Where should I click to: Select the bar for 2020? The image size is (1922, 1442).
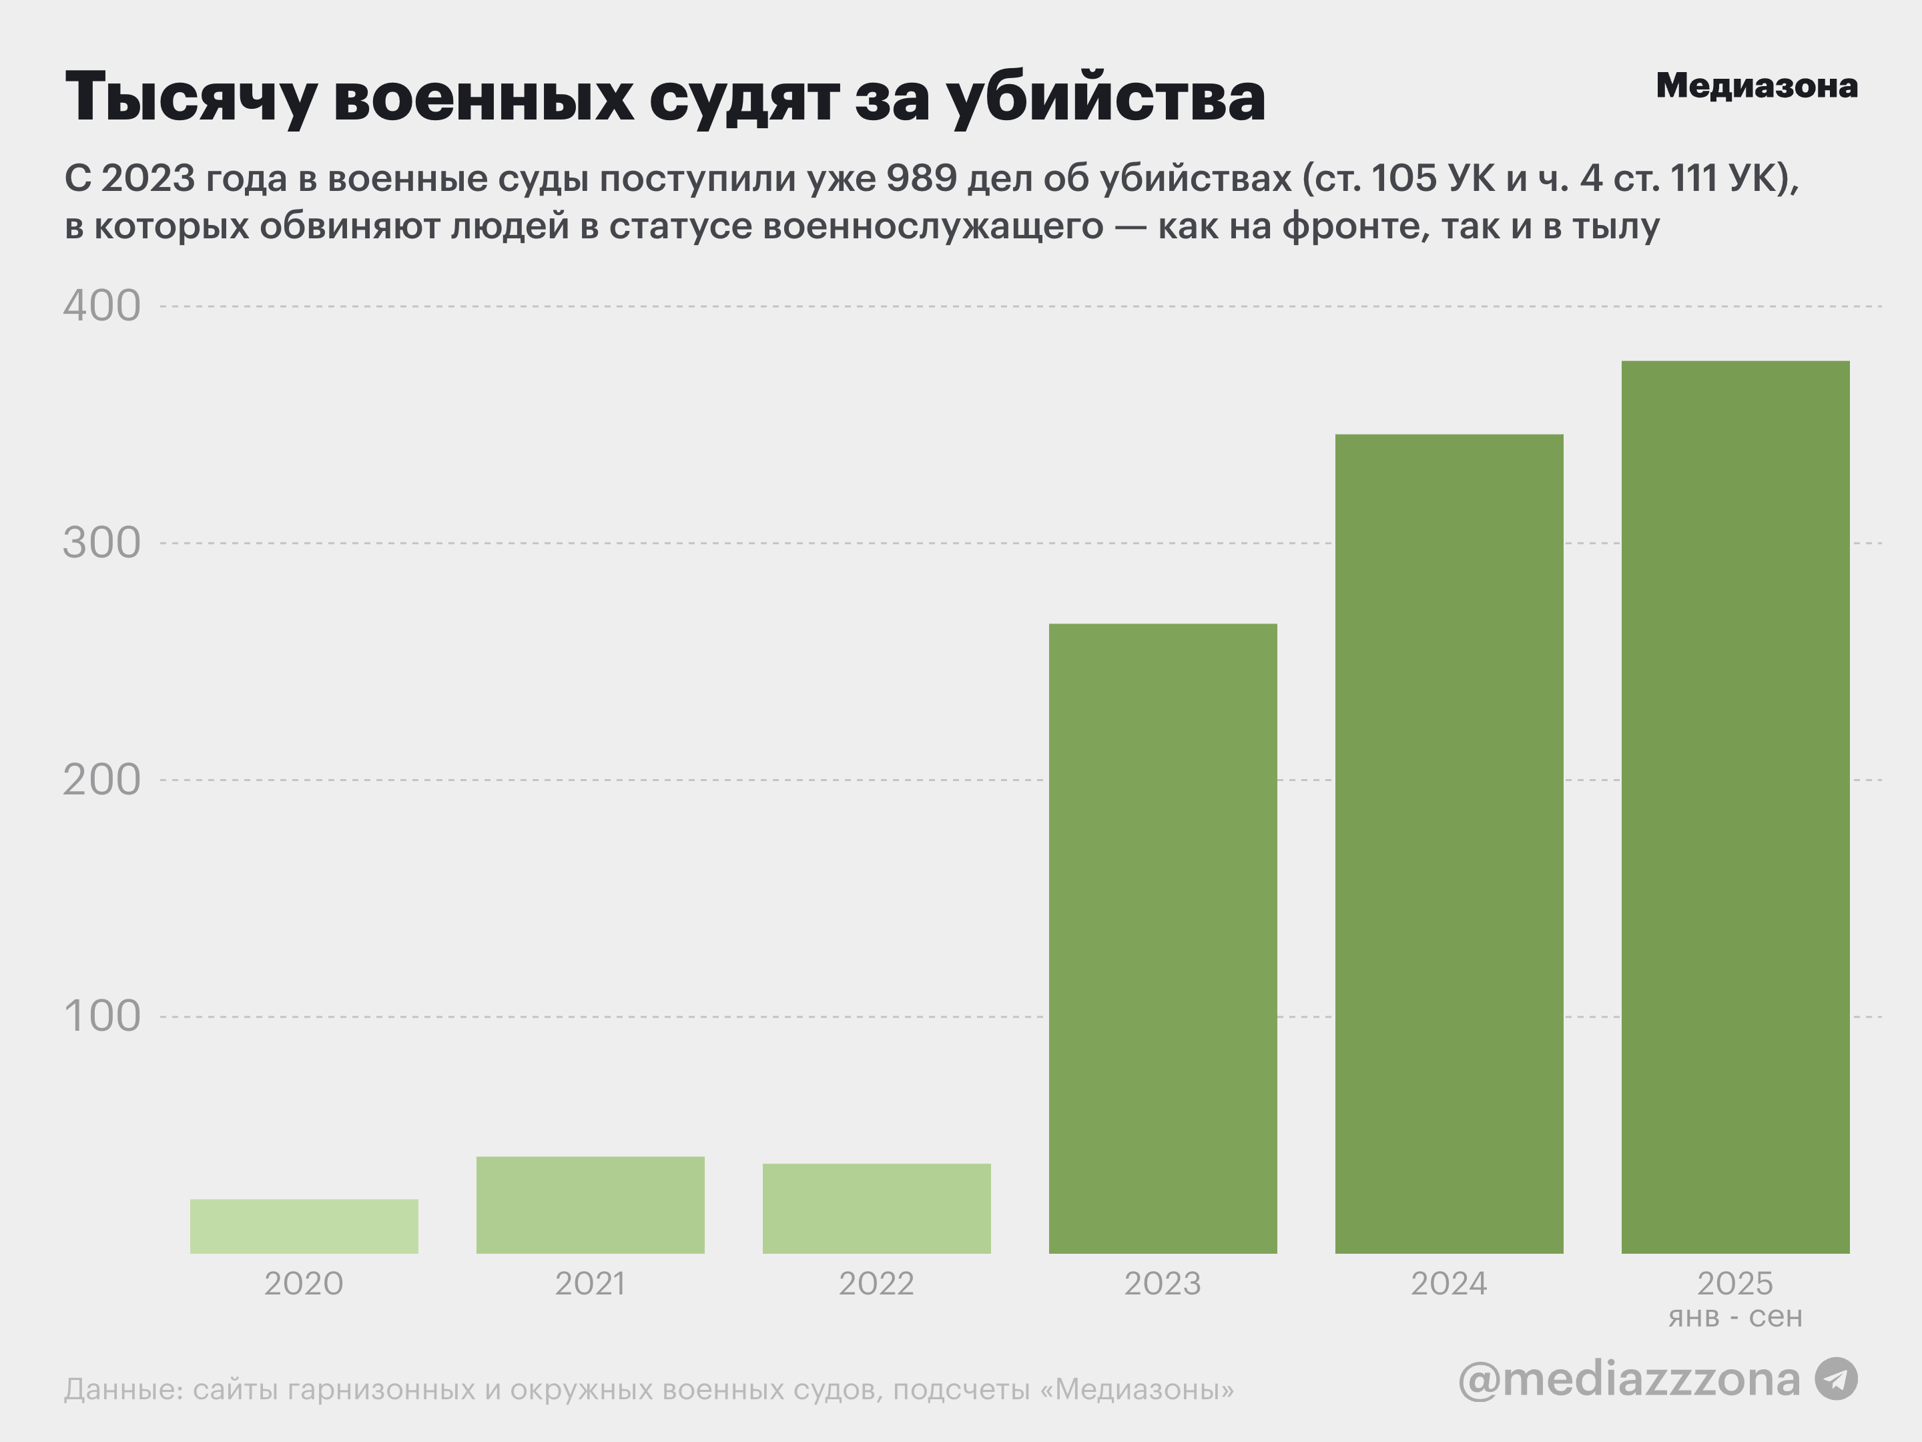304,1226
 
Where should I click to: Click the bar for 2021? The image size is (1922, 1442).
590,1205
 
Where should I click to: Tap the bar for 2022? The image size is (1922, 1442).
877,1208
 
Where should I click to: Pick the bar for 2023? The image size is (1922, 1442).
1163,939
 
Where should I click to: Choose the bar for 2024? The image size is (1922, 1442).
1450,843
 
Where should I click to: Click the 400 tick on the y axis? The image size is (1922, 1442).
101,306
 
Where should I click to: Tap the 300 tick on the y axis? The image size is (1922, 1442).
101,543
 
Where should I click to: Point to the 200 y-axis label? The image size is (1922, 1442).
101,780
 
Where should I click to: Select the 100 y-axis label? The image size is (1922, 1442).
101,1016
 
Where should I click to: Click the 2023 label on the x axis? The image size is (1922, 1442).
1163,1284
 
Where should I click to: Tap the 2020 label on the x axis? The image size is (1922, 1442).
304,1284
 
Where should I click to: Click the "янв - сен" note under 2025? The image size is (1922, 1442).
1735,1317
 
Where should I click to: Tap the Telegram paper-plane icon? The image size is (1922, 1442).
1836,1379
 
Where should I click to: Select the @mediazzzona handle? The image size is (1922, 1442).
1629,1379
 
